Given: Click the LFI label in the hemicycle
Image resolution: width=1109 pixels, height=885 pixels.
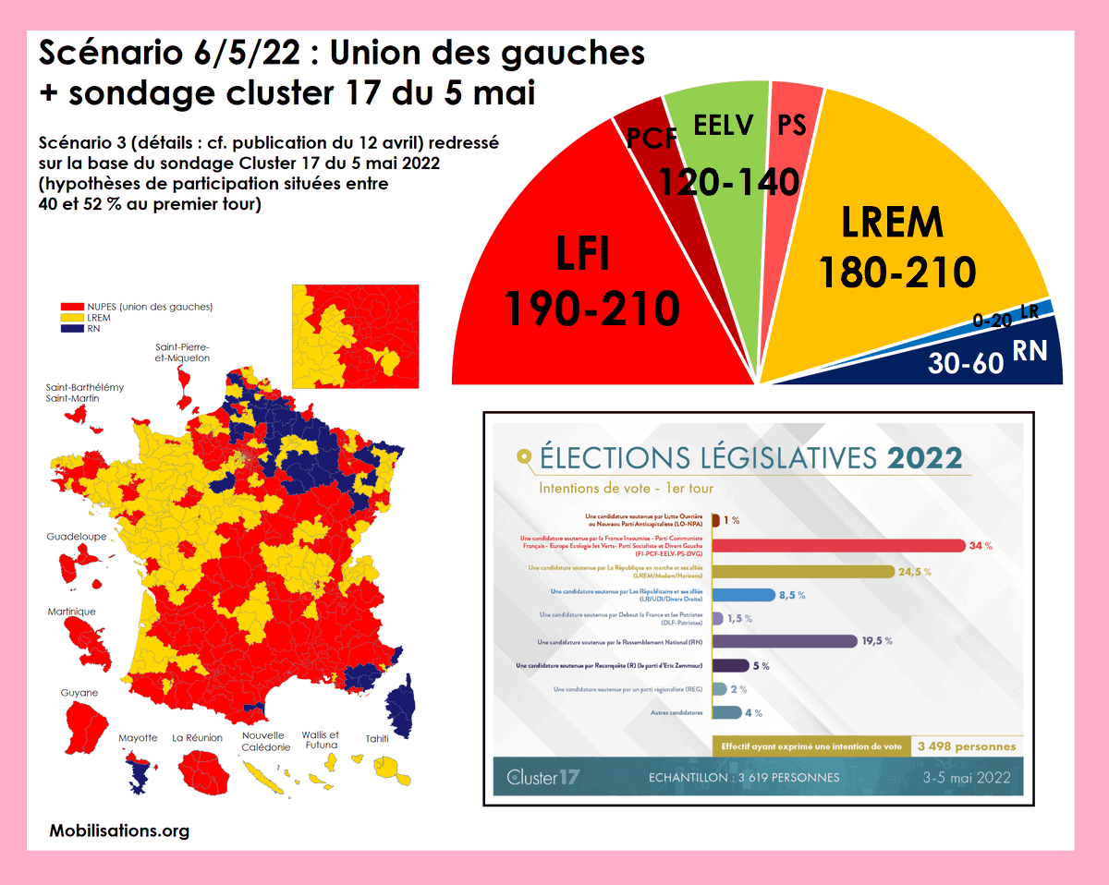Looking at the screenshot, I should pyautogui.click(x=583, y=252).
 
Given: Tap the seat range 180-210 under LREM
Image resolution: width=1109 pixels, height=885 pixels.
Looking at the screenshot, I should pyautogui.click(x=897, y=272).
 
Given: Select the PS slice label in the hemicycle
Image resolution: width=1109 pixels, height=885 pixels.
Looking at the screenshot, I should pyautogui.click(x=792, y=126).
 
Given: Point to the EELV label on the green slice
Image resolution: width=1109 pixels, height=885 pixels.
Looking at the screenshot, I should pyautogui.click(x=724, y=126).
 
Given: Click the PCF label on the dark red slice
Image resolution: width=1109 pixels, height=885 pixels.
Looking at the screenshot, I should pyautogui.click(x=652, y=138).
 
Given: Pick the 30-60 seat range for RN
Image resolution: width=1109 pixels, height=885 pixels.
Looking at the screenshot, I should pyautogui.click(x=966, y=362).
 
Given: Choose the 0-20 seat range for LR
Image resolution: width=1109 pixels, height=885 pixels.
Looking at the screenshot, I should pyautogui.click(x=993, y=321).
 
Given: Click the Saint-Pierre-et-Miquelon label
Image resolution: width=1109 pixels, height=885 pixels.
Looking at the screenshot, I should pyautogui.click(x=182, y=352).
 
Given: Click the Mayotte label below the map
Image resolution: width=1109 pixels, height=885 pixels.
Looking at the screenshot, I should pyautogui.click(x=139, y=738).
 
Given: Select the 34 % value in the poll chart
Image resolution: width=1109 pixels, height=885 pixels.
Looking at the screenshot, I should pyautogui.click(x=981, y=546).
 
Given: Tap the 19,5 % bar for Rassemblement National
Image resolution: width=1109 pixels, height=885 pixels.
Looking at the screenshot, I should pyautogui.click(x=785, y=641).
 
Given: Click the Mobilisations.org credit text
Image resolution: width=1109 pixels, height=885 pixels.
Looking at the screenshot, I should pyautogui.click(x=119, y=830).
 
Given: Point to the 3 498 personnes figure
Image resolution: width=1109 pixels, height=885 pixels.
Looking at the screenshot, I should pyautogui.click(x=966, y=746).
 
